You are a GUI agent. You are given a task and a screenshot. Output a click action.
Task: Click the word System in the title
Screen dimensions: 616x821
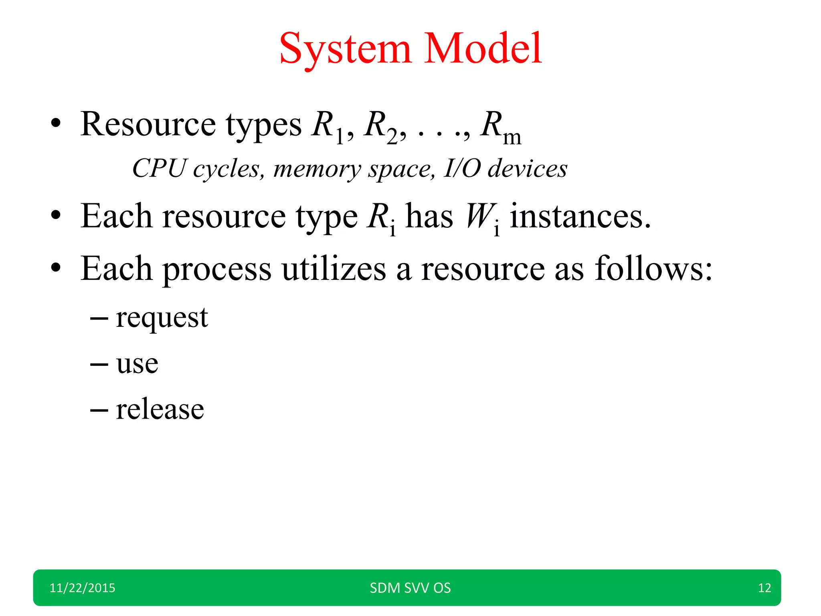(345, 49)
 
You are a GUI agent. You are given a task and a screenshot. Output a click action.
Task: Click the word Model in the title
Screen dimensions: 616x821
(483, 49)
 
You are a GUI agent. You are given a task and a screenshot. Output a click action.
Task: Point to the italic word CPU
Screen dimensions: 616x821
(159, 168)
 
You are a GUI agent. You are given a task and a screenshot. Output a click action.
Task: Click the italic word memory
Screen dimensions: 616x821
(317, 169)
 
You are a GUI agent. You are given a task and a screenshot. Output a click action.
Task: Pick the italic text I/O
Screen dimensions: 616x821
(462, 168)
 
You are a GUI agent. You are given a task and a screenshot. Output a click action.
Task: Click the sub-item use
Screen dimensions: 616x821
(137, 364)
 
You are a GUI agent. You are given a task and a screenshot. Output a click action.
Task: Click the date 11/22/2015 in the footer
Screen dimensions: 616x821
(82, 588)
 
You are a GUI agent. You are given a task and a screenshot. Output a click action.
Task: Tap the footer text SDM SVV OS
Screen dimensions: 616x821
(410, 588)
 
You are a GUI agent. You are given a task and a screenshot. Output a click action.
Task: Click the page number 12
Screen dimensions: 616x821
(764, 588)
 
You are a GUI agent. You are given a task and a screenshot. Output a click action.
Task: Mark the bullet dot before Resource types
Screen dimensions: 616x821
(56, 124)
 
